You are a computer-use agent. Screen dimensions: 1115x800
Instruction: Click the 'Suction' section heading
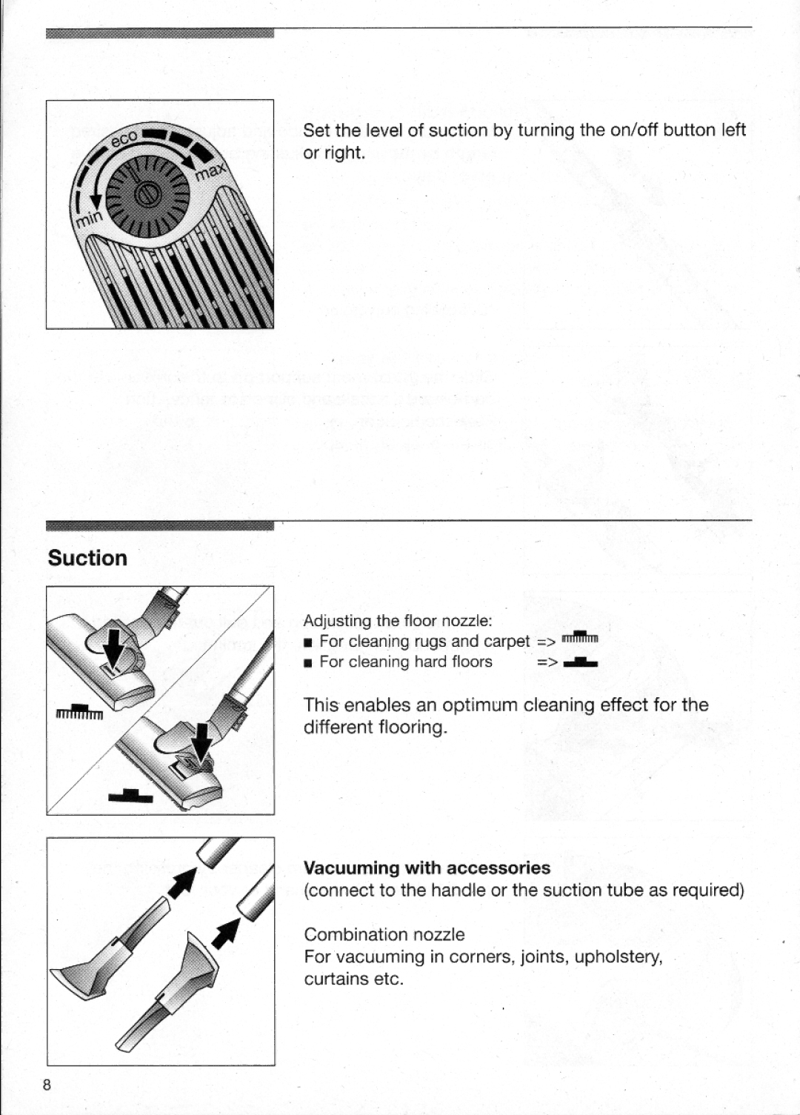87,558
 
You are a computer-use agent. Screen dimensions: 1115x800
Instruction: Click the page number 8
47,1085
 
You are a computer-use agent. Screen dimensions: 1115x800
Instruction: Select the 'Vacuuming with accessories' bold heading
427,868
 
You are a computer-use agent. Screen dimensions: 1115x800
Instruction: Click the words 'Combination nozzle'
384,934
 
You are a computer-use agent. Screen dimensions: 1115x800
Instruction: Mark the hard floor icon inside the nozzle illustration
130,796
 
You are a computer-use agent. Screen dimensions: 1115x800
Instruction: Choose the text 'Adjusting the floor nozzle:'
398,620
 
